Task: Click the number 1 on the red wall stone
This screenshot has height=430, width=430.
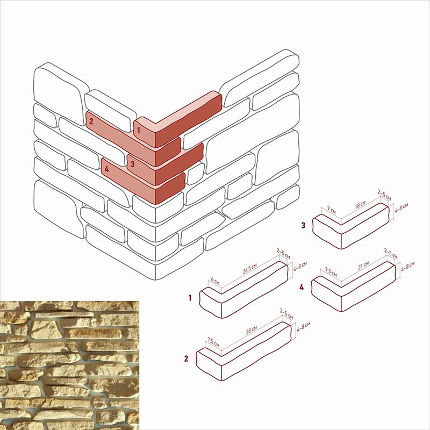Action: pos(139,130)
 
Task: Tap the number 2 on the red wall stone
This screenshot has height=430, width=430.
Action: pos(91,121)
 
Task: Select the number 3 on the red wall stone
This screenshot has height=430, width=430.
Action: pos(132,164)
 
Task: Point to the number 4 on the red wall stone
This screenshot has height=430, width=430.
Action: pos(106,169)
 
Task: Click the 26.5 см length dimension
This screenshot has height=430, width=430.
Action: pos(249,269)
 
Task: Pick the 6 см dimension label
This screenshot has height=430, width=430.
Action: pos(216,281)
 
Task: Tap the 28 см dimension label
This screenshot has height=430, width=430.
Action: pos(251,331)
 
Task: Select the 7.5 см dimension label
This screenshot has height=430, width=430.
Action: pos(213,342)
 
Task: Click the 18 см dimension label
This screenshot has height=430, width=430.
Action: pos(360,205)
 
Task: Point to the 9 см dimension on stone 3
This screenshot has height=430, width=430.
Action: pos(331,210)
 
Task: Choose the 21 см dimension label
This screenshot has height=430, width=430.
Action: pos(363,265)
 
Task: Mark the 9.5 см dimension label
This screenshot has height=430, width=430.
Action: pos(331,273)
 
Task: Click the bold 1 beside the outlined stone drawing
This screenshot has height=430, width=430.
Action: pos(190,298)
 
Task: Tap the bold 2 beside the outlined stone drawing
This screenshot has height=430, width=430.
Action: pos(187,359)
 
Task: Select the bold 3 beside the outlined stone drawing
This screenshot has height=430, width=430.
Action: pos(303,225)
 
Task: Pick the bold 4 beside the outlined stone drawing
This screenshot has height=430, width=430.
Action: pos(302,288)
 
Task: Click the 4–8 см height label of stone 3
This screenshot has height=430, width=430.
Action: pos(401,209)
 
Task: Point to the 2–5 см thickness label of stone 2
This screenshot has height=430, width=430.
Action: pos(286,314)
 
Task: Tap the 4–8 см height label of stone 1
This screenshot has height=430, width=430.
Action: pos(300,266)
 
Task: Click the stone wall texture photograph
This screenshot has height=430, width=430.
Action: pos(70,365)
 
